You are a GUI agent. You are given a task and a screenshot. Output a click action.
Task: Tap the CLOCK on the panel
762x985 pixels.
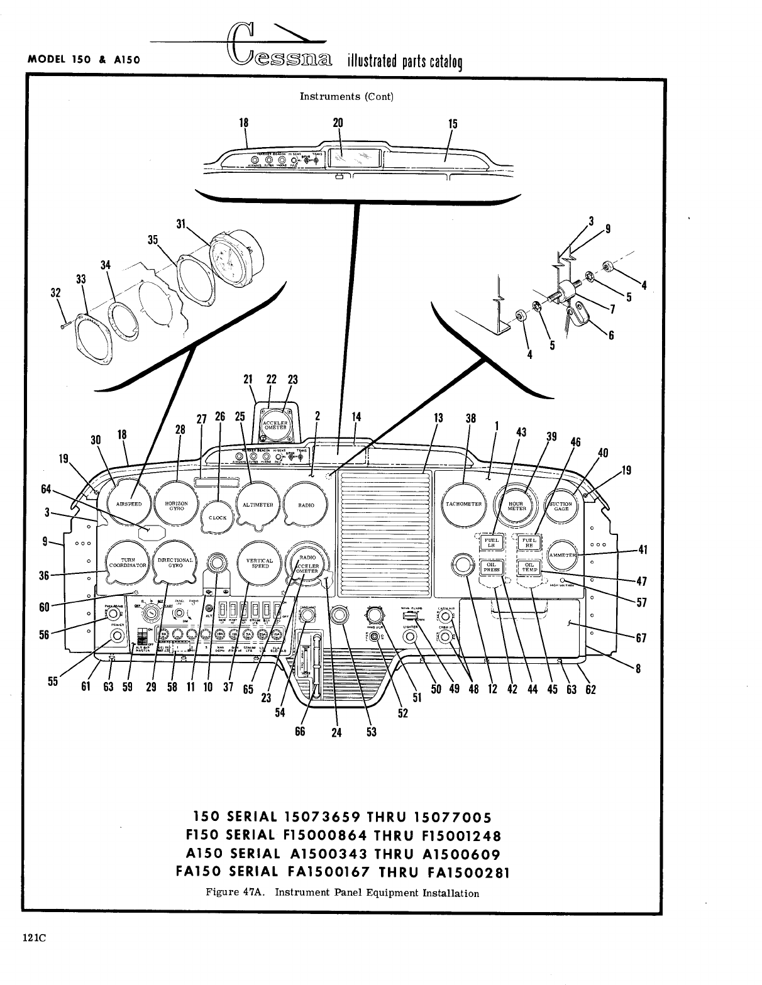click(x=218, y=517)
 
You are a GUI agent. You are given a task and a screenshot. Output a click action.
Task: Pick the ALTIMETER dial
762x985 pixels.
click(x=258, y=505)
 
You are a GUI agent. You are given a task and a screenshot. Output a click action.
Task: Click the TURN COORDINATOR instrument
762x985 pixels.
click(x=128, y=563)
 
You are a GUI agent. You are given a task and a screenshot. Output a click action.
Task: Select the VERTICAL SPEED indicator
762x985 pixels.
click(x=260, y=563)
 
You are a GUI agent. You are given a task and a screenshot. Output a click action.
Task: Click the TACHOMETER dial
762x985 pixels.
click(x=463, y=504)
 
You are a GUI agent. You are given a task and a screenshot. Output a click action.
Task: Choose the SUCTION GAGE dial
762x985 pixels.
click(x=561, y=505)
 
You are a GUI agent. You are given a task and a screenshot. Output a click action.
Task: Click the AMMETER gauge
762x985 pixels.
click(x=562, y=555)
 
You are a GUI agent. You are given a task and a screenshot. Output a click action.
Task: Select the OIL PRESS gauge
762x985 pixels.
click(x=490, y=568)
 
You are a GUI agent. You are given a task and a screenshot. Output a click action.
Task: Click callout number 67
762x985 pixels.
click(x=641, y=639)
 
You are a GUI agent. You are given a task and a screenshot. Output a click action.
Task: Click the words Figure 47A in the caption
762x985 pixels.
click(x=235, y=893)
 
